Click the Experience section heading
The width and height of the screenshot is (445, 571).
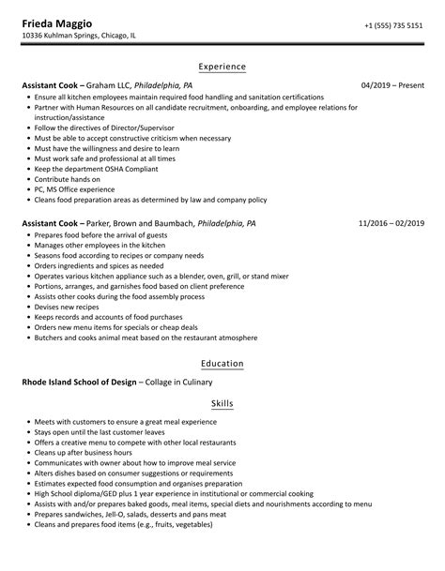222,67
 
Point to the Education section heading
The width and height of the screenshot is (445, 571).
222,364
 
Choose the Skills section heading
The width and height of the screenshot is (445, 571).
222,403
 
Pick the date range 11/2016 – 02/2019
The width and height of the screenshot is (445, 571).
391,224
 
